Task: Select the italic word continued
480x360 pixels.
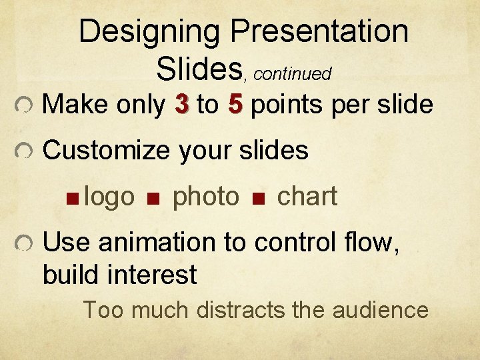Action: [293, 74]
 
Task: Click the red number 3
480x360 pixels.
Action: [181, 105]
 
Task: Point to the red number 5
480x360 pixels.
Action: [234, 105]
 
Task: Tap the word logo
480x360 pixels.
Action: [111, 197]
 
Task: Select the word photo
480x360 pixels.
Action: [205, 197]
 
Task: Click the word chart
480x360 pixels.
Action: [307, 197]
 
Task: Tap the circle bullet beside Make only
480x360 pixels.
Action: [22, 105]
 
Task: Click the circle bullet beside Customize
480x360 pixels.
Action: [22, 152]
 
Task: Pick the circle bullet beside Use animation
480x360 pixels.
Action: [22, 245]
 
